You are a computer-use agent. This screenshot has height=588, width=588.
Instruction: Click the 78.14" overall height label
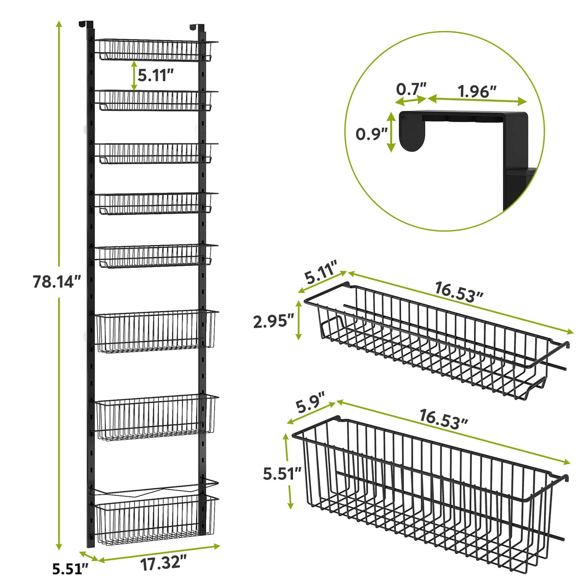coord(56,281)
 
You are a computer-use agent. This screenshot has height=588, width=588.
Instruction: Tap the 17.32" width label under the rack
coord(163,563)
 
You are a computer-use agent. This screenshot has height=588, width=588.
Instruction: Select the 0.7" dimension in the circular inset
coord(411,89)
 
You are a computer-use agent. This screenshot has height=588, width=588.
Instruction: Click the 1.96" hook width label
coord(477,91)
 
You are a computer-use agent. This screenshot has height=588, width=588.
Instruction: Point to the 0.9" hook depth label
coord(370,133)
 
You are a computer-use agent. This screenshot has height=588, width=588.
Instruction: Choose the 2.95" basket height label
coord(274,321)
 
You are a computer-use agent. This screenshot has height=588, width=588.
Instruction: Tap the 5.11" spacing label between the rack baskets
coord(156,75)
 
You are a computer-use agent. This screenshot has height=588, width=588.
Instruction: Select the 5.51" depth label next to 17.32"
coord(71,568)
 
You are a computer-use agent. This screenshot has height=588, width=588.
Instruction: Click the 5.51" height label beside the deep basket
coord(282,473)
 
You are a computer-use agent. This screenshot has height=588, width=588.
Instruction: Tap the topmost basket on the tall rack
coord(155,50)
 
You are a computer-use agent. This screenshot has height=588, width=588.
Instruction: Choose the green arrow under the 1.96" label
coord(477,100)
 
